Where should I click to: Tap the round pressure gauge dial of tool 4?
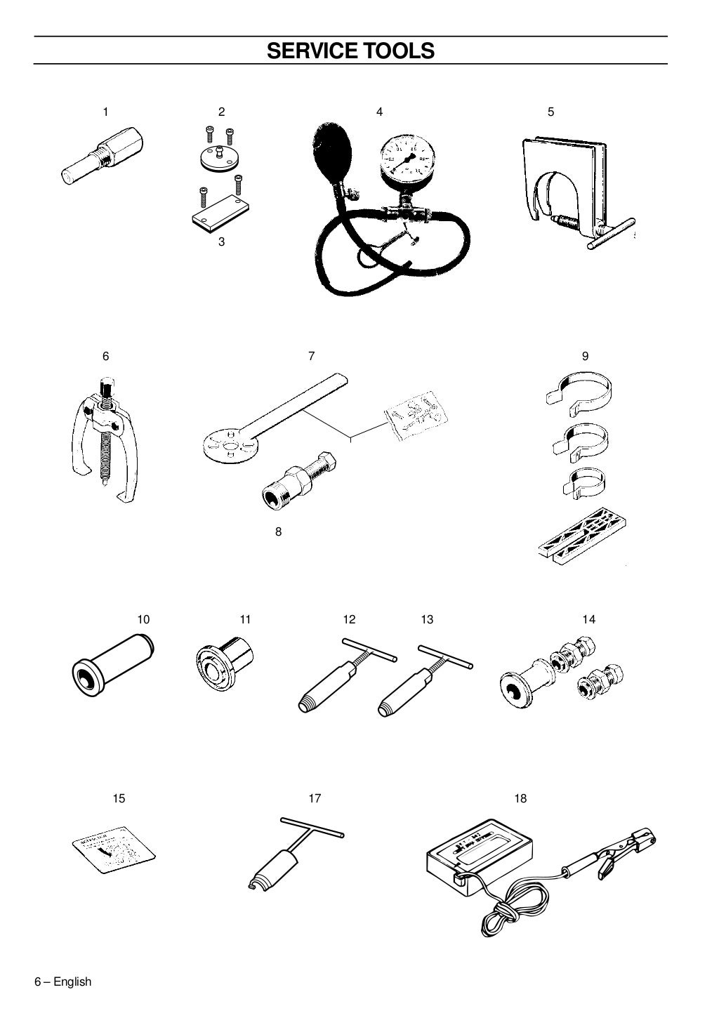402,155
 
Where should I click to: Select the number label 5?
550,112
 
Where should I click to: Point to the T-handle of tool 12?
369,649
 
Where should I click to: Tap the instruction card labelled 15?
114,847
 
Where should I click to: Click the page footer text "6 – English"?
63,981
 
